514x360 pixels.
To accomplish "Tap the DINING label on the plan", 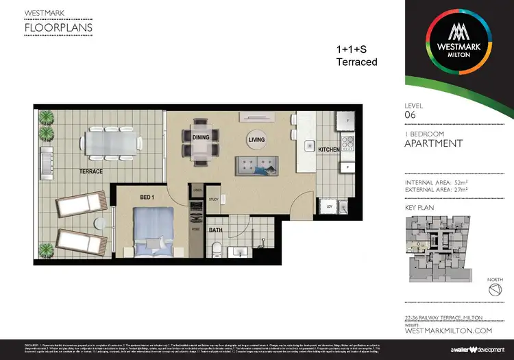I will tap(201, 137).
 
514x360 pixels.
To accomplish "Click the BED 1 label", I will tap(147, 197).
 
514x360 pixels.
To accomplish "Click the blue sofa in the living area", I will tap(256, 165).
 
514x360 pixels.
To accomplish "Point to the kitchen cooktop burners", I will tap(346, 144).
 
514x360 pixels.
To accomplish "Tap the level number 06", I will tap(411, 116).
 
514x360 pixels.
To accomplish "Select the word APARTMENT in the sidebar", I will tap(434, 143).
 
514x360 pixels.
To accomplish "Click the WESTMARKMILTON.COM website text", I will tap(449, 331).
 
